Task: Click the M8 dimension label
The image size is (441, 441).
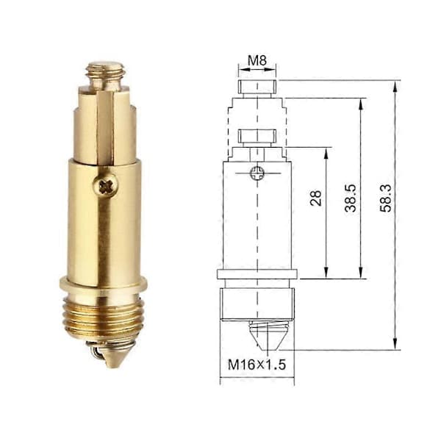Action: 257,60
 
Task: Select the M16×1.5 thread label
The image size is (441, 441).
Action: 257,365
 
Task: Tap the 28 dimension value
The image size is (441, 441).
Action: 315,198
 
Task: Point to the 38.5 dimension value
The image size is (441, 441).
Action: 351,198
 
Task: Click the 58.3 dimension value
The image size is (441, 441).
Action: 386,198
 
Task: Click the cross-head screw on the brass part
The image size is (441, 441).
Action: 106,186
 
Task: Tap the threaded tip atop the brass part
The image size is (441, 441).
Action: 105,75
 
